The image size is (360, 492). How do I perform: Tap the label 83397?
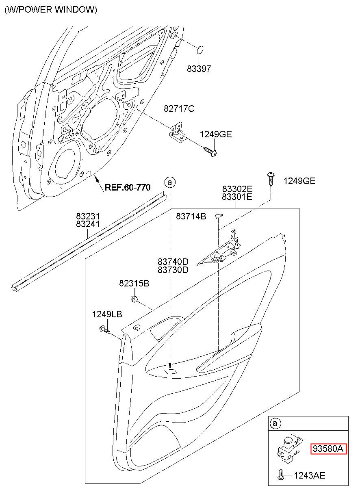tap(199, 69)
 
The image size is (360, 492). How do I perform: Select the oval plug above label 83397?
tap(200, 50)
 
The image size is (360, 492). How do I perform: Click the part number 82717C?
tap(179, 109)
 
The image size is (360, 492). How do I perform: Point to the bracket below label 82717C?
tap(178, 133)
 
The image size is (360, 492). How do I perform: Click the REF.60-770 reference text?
tap(128, 187)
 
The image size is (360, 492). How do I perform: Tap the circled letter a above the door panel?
tap(170, 182)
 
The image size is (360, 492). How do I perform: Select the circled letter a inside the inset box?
tap(275, 423)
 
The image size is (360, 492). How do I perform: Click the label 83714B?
tap(191, 217)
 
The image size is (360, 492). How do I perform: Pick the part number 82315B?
tap(134, 283)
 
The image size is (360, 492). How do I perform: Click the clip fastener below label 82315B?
tap(134, 299)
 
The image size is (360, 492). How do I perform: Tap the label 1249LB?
tap(107, 314)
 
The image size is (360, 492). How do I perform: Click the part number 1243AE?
tap(310, 476)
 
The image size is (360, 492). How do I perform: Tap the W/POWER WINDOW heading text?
tap(51, 9)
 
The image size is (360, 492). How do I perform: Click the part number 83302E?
tap(237, 189)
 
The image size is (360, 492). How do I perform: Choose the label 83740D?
tap(173, 262)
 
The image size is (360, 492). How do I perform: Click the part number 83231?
tap(88, 217)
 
